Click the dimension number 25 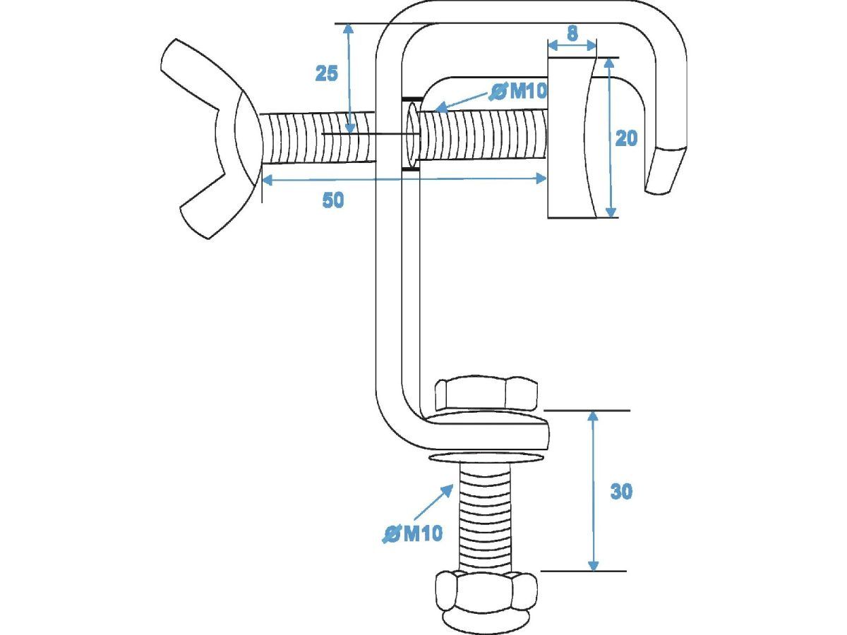click(x=327, y=73)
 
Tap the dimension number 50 click(x=332, y=200)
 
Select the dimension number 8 click(x=572, y=34)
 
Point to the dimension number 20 click(x=626, y=138)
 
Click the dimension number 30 click(x=621, y=492)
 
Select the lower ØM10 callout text click(x=412, y=534)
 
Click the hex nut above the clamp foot click(x=486, y=396)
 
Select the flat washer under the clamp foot click(x=486, y=457)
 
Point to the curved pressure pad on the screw click(x=572, y=138)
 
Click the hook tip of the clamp click(x=664, y=169)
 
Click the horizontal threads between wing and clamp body click(x=317, y=138)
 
